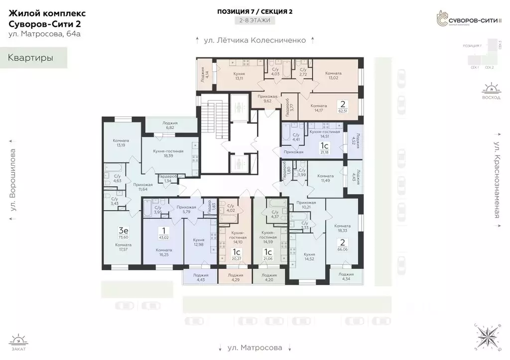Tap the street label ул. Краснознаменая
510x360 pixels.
pos(497,180)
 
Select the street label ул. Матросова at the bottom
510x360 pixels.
pos(255,347)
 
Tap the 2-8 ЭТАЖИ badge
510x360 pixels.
pos(255,20)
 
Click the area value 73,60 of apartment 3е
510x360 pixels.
pos(123,238)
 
